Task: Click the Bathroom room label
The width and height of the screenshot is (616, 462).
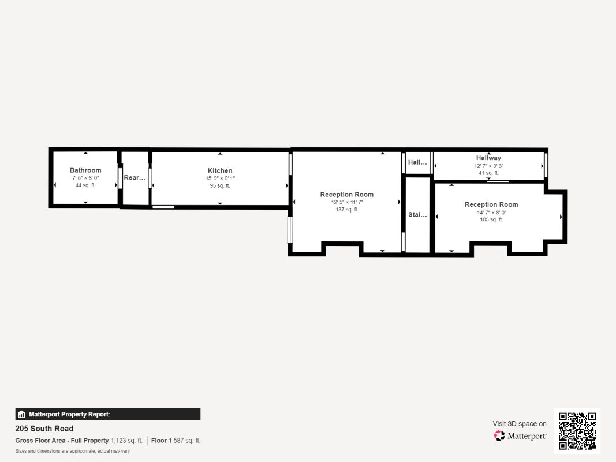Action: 85,170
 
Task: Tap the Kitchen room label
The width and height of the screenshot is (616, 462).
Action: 220,170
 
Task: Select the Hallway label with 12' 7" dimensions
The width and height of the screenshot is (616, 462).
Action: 489,158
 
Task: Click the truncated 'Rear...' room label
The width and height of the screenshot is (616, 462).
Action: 135,177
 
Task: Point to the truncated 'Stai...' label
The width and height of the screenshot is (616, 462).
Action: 417,214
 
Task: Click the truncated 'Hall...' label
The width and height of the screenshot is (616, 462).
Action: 417,162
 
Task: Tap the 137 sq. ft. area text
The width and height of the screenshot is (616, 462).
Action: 347,210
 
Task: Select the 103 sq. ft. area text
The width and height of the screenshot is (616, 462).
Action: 491,219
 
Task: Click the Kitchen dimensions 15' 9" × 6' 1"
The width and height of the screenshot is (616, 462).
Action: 220,178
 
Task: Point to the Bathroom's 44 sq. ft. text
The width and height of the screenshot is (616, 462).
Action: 85,185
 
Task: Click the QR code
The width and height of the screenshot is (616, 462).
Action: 577,431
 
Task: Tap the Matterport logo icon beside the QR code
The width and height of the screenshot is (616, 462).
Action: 499,435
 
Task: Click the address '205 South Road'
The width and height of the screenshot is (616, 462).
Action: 44,429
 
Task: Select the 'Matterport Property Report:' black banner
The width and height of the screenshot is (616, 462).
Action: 107,415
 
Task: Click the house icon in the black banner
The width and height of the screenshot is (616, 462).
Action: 21,415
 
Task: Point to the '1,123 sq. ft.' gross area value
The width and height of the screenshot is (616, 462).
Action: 126,441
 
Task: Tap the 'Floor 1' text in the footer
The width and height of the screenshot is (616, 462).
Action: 162,441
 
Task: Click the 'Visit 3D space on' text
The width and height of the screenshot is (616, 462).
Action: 520,424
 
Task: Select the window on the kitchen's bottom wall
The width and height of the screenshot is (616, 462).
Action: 163,207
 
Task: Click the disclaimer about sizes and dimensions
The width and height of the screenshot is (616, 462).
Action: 73,451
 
